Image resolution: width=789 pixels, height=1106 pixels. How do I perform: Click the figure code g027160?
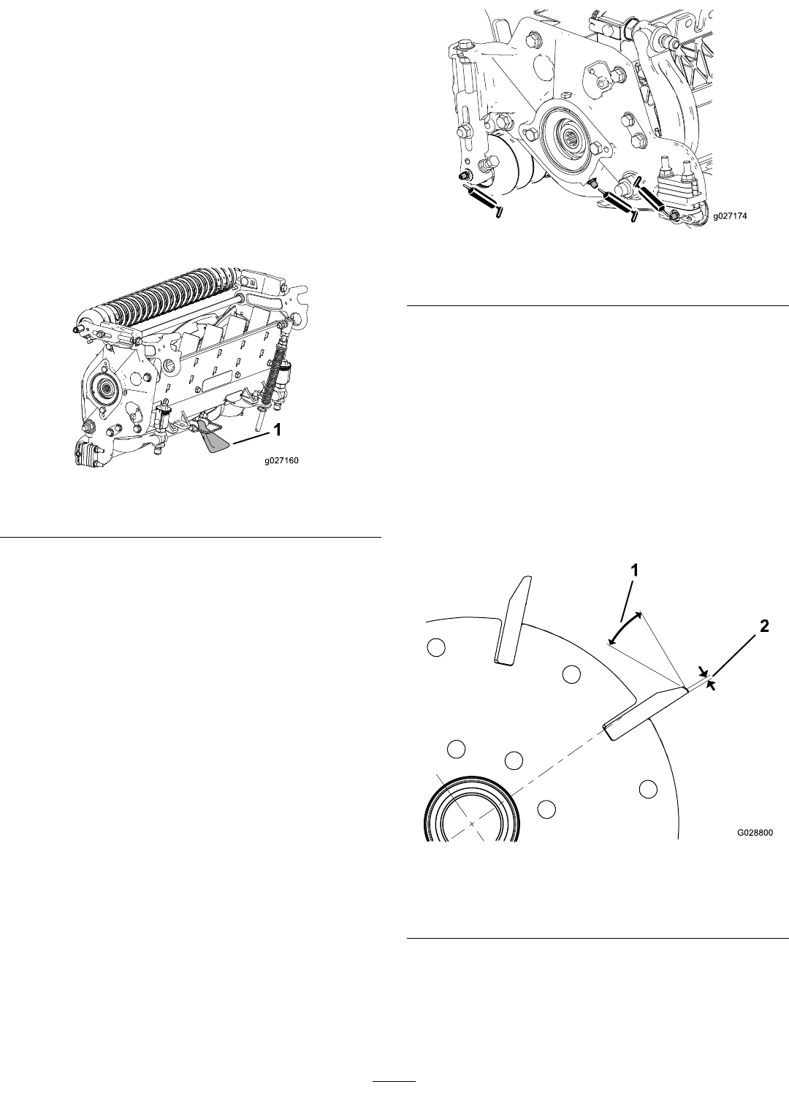pos(281,461)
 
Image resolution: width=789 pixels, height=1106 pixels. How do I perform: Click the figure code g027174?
pos(729,216)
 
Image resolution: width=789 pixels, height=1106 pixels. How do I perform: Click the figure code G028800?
pos(755,833)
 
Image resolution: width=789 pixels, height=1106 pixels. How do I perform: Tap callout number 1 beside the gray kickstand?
pos(278,430)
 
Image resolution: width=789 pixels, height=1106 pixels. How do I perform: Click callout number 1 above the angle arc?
pos(634,571)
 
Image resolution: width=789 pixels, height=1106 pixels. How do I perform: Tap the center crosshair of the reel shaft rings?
pos(472,824)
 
